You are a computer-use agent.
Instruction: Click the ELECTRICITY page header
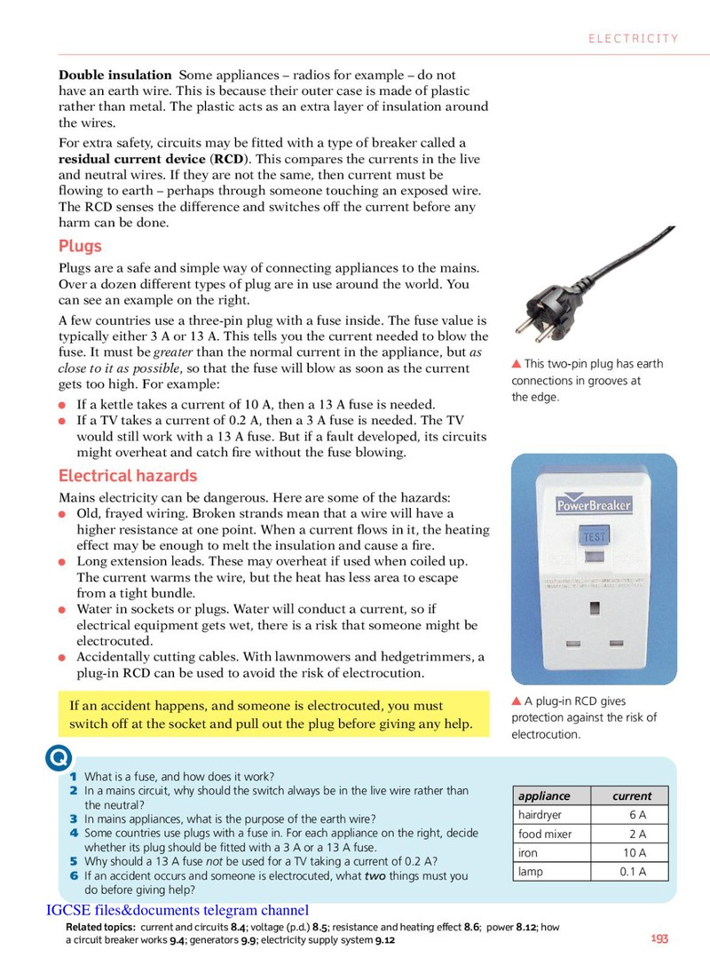click(x=633, y=38)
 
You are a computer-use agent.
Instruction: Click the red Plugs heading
click(x=80, y=246)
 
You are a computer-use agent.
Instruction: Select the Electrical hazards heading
click(x=128, y=476)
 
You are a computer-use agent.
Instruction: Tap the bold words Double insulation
click(x=115, y=75)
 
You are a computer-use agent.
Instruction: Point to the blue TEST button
click(x=594, y=536)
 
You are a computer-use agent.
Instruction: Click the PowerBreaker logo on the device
click(x=594, y=504)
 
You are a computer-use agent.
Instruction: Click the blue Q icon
click(x=59, y=758)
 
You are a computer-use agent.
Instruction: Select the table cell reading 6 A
click(x=630, y=815)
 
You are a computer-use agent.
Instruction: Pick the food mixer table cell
click(x=552, y=834)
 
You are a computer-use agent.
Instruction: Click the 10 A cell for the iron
click(x=630, y=853)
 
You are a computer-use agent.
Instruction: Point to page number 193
click(x=659, y=938)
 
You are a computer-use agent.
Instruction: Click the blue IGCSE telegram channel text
click(x=177, y=910)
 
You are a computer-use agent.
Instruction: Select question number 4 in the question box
click(x=74, y=833)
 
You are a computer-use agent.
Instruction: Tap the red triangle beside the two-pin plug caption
click(x=517, y=364)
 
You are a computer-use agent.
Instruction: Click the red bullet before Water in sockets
click(x=62, y=610)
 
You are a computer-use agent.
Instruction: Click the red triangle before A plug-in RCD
click(x=517, y=701)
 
